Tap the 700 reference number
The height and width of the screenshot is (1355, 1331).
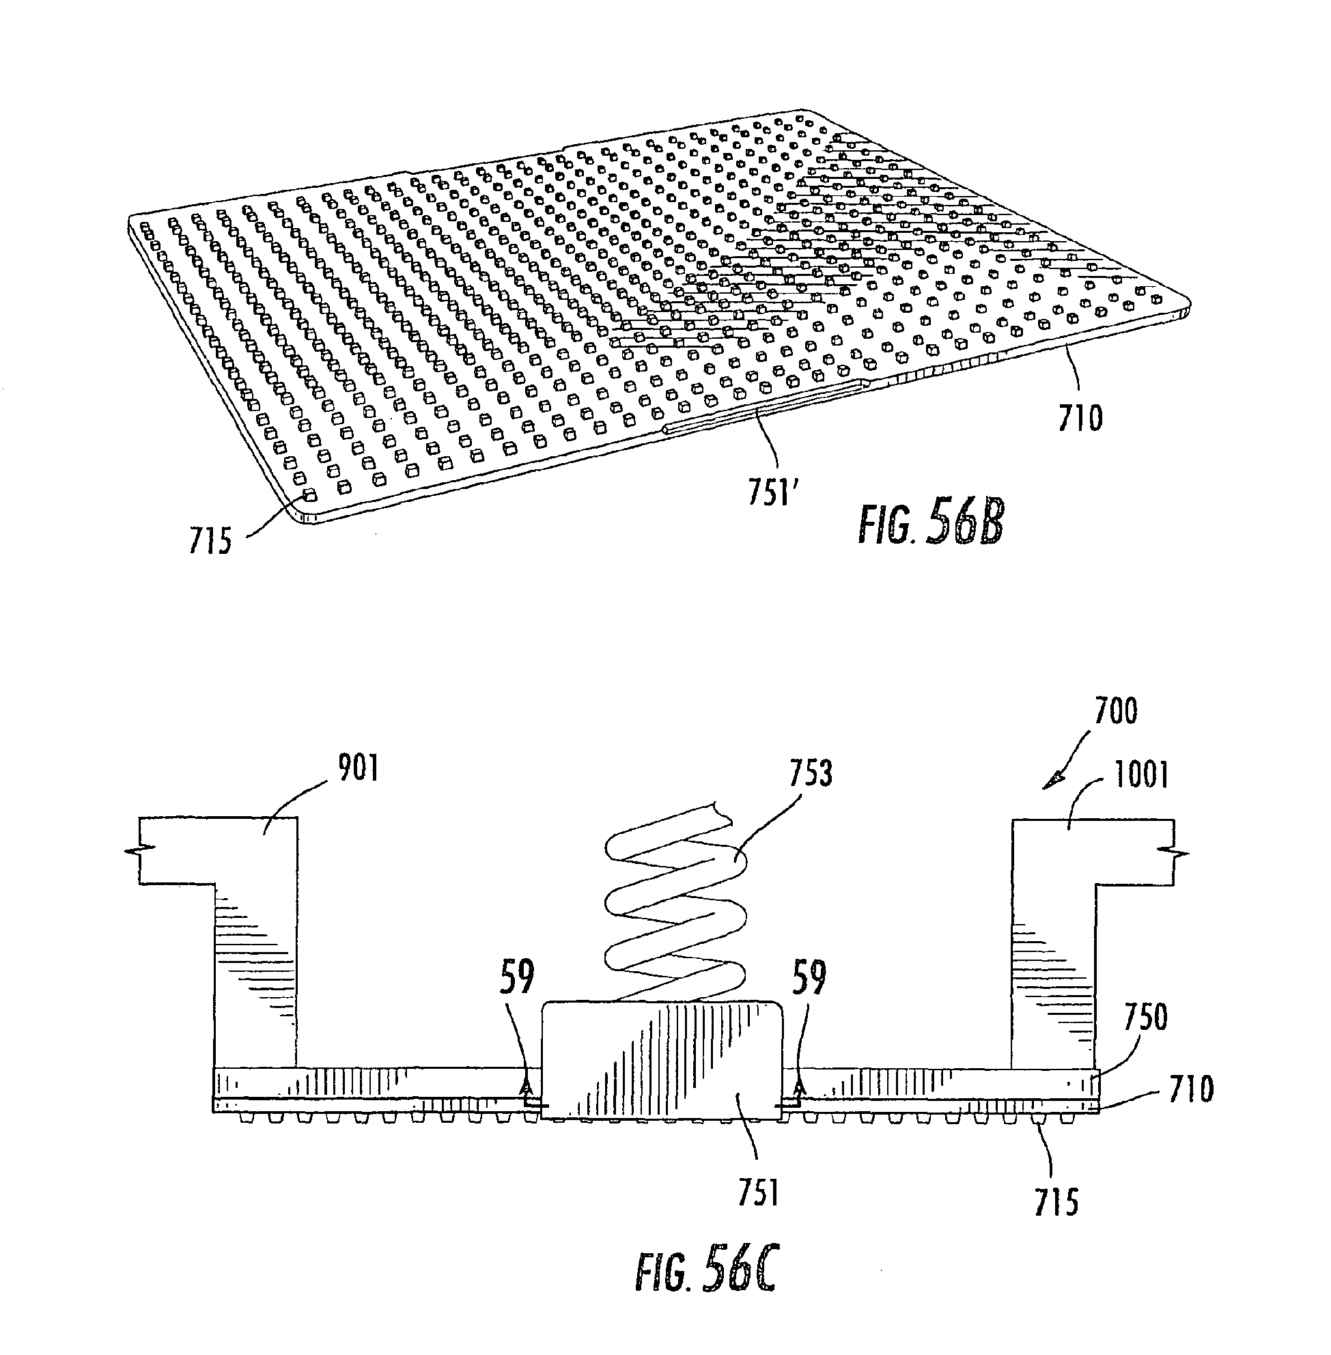1116,711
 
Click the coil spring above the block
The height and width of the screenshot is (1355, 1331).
675,909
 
